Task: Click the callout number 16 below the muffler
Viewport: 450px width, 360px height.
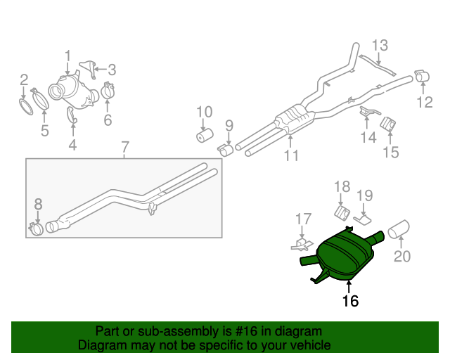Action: [349, 301]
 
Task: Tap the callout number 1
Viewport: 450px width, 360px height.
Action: [67, 55]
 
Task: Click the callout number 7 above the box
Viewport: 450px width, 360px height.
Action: [124, 148]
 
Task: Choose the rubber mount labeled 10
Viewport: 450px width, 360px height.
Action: [205, 134]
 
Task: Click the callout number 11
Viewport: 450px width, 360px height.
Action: [290, 155]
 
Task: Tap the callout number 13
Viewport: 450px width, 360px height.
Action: [380, 46]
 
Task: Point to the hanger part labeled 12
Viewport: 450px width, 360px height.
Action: [424, 76]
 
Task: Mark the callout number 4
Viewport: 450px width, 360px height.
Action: [72, 146]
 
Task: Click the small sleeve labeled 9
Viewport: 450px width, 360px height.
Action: [226, 148]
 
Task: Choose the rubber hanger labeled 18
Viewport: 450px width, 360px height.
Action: [342, 213]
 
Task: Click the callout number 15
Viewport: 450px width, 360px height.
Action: [390, 151]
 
